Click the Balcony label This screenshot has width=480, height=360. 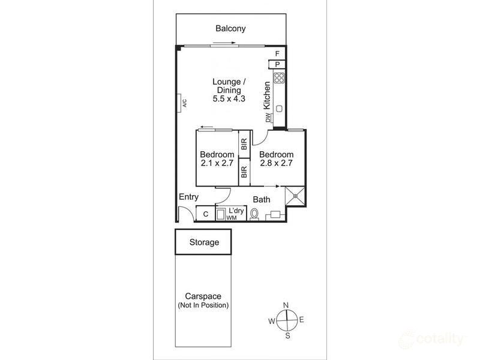pyautogui.click(x=230, y=28)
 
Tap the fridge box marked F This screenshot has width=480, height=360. pyautogui.click(x=277, y=54)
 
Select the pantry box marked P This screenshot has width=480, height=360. pyautogui.click(x=277, y=65)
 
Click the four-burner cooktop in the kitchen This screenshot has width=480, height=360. pyautogui.click(x=279, y=77)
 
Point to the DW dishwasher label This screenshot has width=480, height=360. pyautogui.click(x=268, y=118)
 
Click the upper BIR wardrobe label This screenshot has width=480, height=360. pyautogui.click(x=244, y=144)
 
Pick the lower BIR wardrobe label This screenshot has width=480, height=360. pyautogui.click(x=244, y=173)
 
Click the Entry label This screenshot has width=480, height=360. pyautogui.click(x=188, y=197)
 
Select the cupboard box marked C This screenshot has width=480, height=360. pyautogui.click(x=205, y=214)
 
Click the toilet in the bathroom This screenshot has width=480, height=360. pyautogui.click(x=254, y=214)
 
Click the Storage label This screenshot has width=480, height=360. pyautogui.click(x=204, y=242)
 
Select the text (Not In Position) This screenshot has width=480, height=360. pyautogui.click(x=203, y=305)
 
